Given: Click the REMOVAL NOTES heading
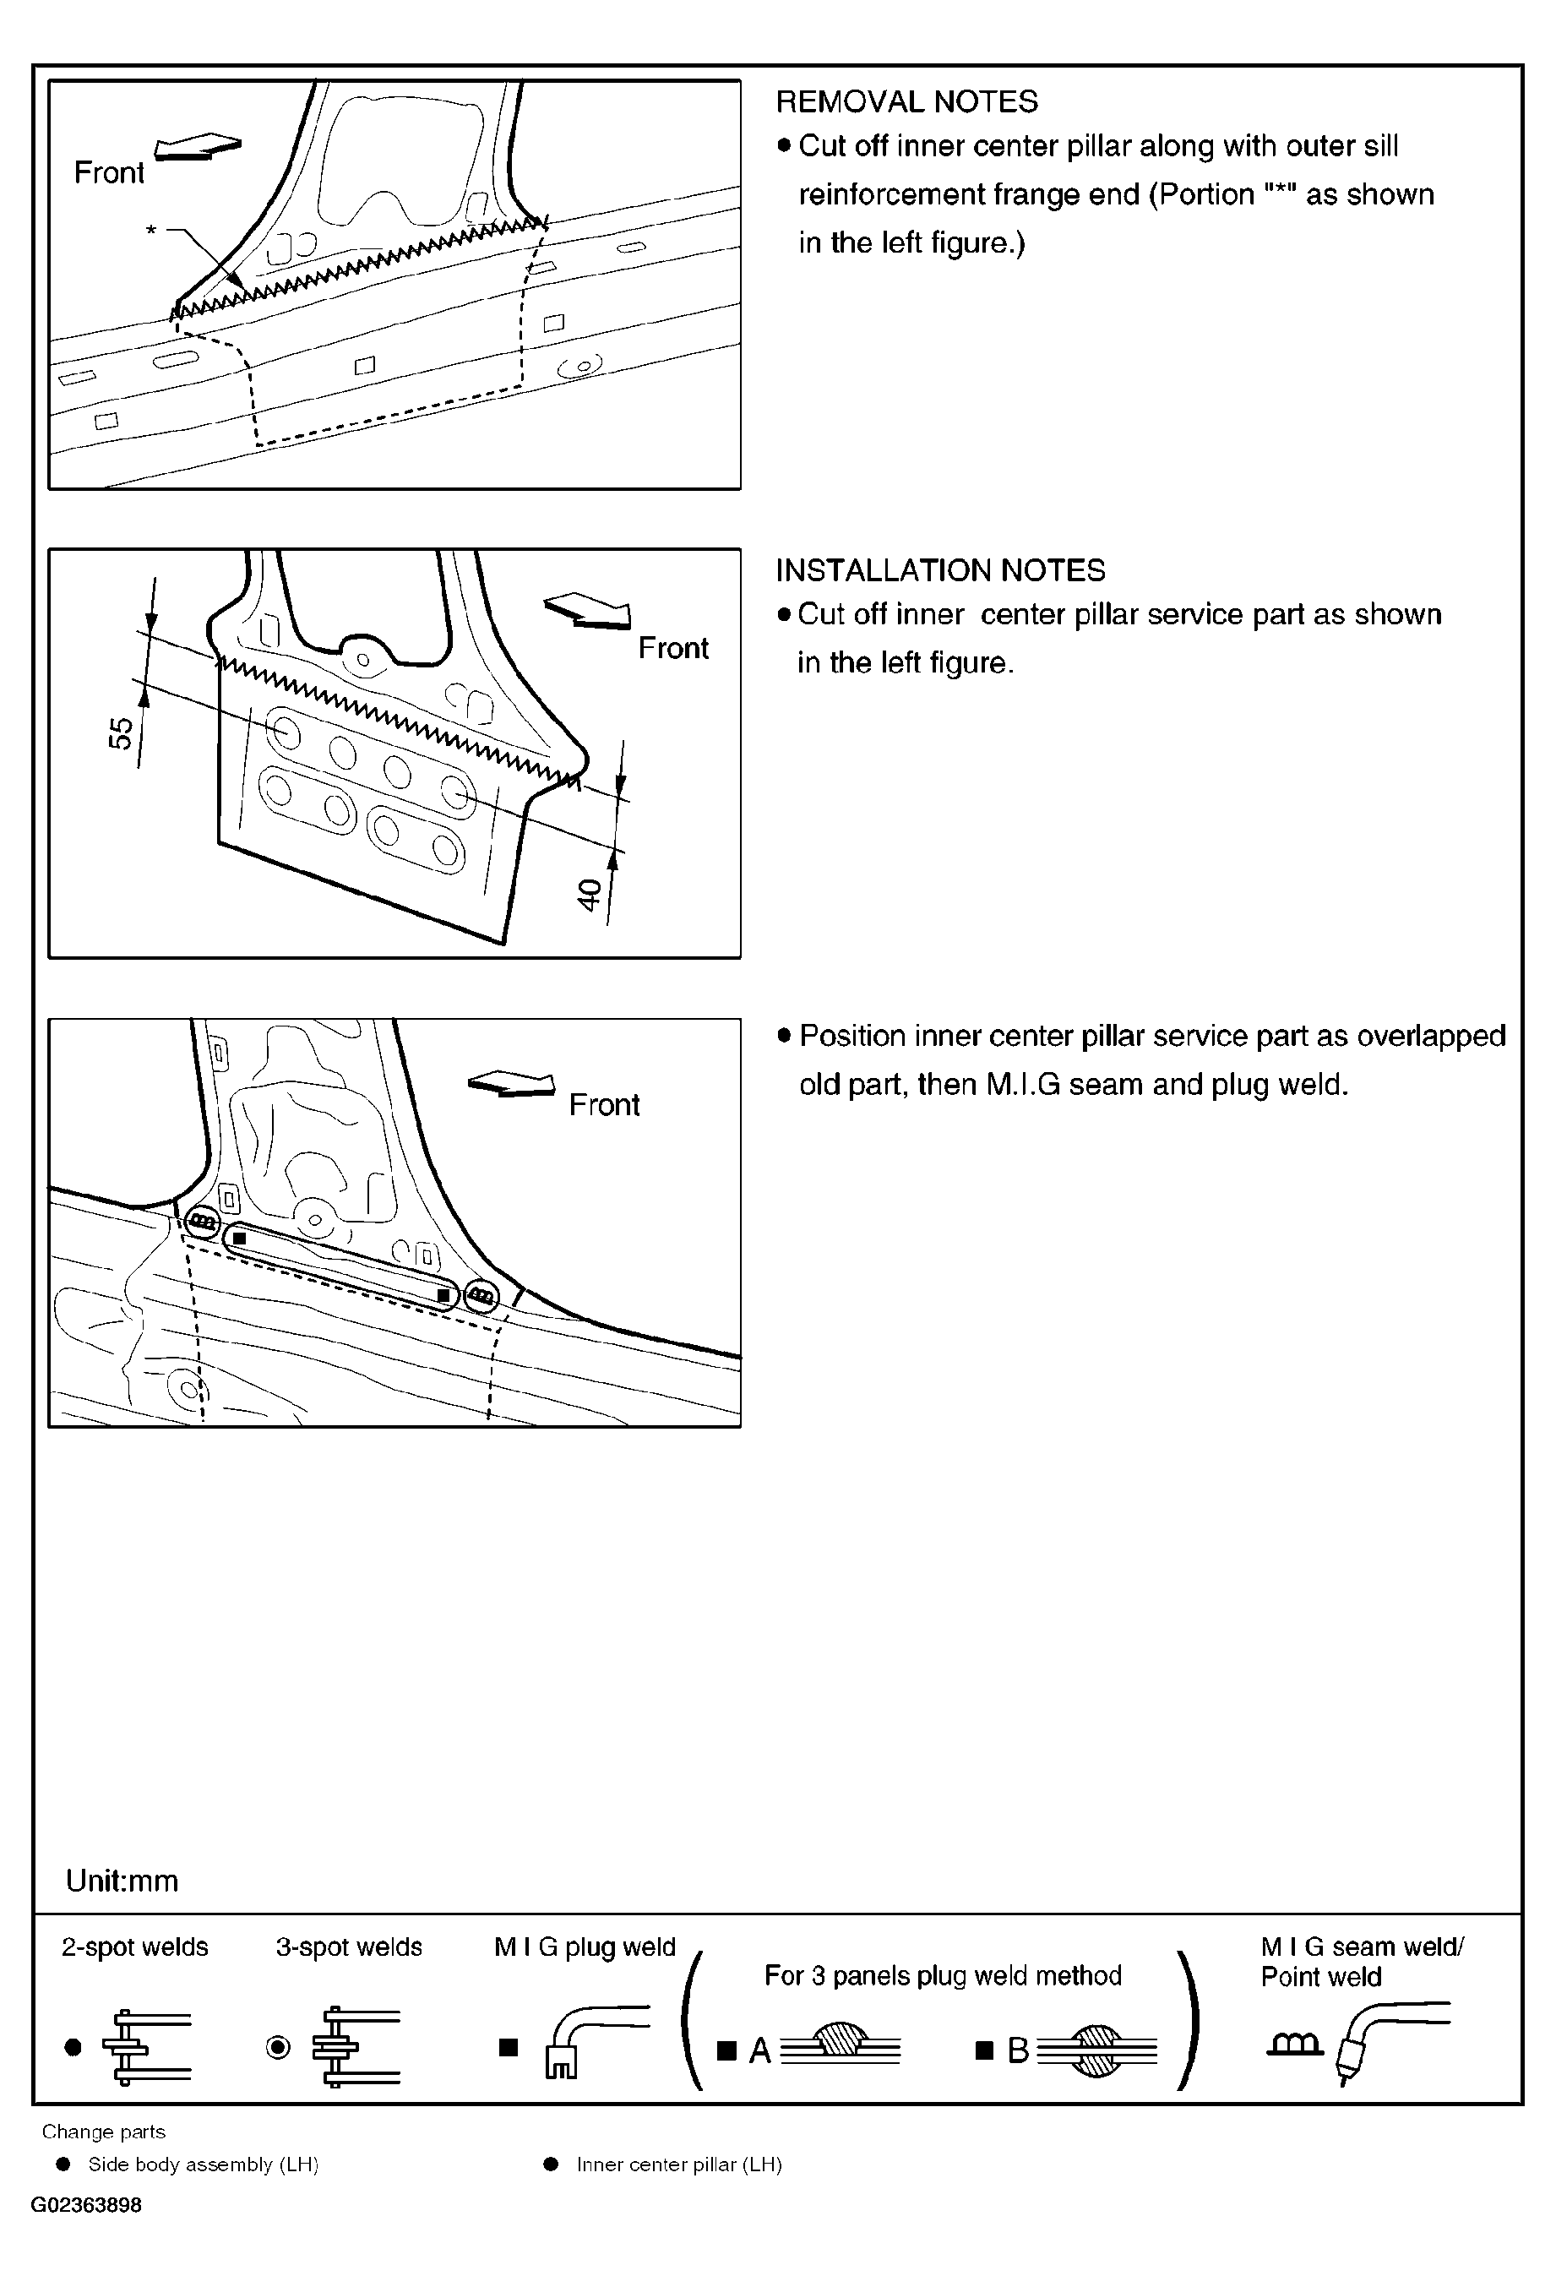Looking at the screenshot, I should click(906, 102).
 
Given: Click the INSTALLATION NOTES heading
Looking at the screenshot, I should click(940, 570).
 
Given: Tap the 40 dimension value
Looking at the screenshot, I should click(589, 894).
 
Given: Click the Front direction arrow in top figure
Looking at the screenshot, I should click(199, 146).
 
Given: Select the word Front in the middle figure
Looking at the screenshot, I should click(672, 648).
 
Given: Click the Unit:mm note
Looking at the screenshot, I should click(122, 1881).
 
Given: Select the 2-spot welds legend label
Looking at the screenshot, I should click(135, 1947).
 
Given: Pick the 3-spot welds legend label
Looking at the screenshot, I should click(349, 1947).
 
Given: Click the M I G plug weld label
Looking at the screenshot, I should click(585, 1947).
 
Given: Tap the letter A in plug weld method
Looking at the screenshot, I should click(760, 2050).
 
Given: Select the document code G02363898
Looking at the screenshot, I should click(86, 2206).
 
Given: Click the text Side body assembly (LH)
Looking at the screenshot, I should click(204, 2164).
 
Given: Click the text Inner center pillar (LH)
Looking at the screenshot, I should click(678, 2164).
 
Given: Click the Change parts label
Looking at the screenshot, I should click(104, 2132).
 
